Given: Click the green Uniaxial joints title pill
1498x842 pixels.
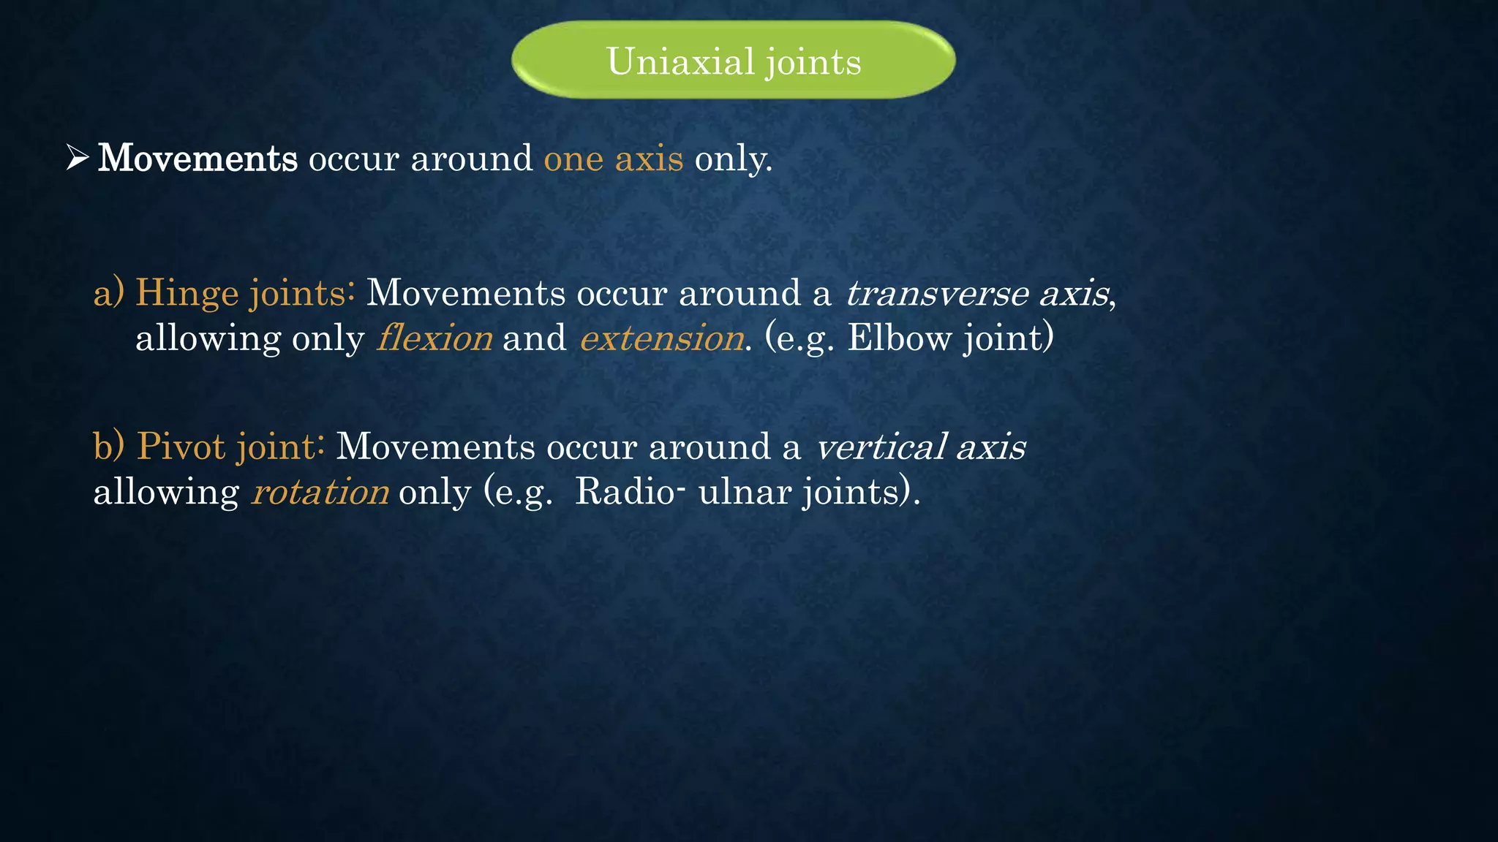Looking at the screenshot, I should point(734,60).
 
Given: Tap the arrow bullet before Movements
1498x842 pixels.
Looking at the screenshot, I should point(77,157).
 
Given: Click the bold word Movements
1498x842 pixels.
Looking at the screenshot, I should point(197,158).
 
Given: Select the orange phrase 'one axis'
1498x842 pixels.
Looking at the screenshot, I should point(614,158).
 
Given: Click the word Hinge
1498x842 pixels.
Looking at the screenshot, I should point(187,293).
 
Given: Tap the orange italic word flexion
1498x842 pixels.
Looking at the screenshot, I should point(434,338).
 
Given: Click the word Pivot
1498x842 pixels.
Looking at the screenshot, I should point(181,446).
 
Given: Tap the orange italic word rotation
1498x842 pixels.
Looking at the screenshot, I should point(320,491).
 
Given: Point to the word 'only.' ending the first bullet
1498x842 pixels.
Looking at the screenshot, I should point(733,158).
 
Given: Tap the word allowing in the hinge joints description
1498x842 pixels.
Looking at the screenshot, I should point(208,338).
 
